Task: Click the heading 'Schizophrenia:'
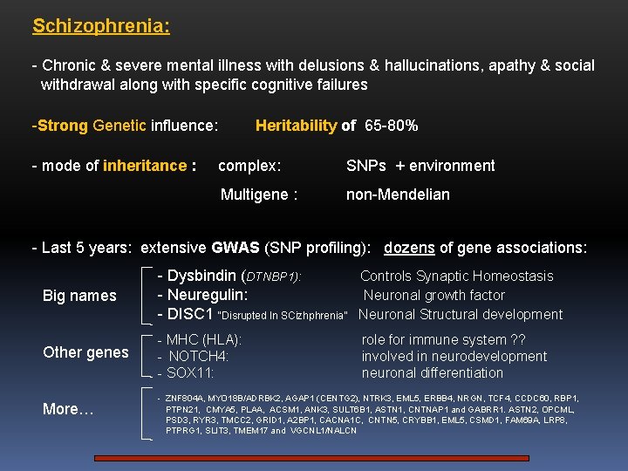point(101,26)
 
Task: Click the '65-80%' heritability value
point(392,126)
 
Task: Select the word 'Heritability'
point(296,126)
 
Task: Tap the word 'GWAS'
point(235,248)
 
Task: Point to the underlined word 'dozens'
point(409,248)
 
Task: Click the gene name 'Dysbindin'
point(202,276)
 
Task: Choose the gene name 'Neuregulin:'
point(202,295)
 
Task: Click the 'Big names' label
point(79,296)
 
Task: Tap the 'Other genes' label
point(85,352)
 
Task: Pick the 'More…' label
point(68,409)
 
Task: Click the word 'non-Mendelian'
point(398,195)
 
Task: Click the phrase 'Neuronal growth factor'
point(433,295)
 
